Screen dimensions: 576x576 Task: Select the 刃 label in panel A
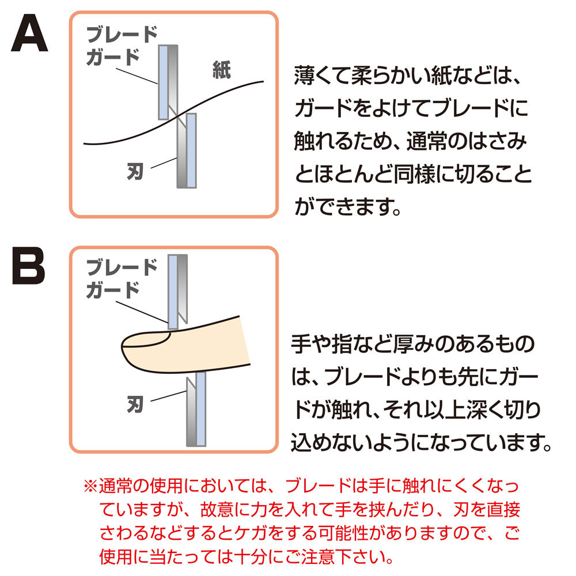coord(135,171)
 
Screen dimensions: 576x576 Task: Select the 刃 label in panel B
coord(135,404)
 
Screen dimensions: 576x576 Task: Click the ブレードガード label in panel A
coord(122,46)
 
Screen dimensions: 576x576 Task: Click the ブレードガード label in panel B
coord(122,278)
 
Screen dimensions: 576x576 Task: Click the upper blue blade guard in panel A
coord(163,82)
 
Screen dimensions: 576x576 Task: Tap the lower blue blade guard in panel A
coord(191,150)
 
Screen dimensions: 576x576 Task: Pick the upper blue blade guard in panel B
coord(173,292)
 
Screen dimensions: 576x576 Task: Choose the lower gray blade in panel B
coord(191,411)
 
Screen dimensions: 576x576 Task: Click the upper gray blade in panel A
coord(173,79)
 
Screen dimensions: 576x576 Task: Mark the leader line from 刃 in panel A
coord(164,163)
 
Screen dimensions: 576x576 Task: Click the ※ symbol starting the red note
coord(90,486)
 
